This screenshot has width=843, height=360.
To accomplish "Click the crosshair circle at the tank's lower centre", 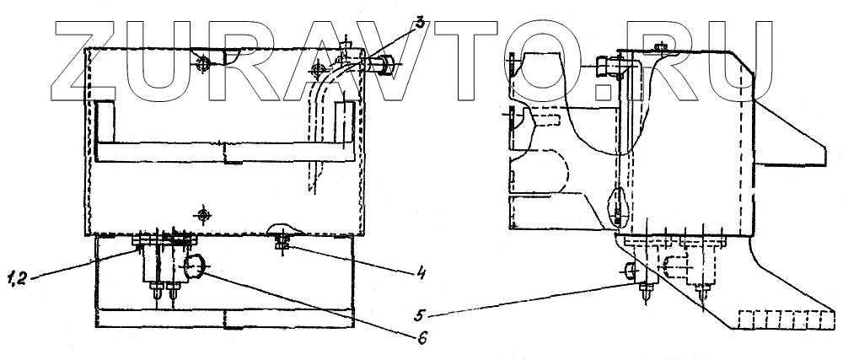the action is [x=202, y=214].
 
